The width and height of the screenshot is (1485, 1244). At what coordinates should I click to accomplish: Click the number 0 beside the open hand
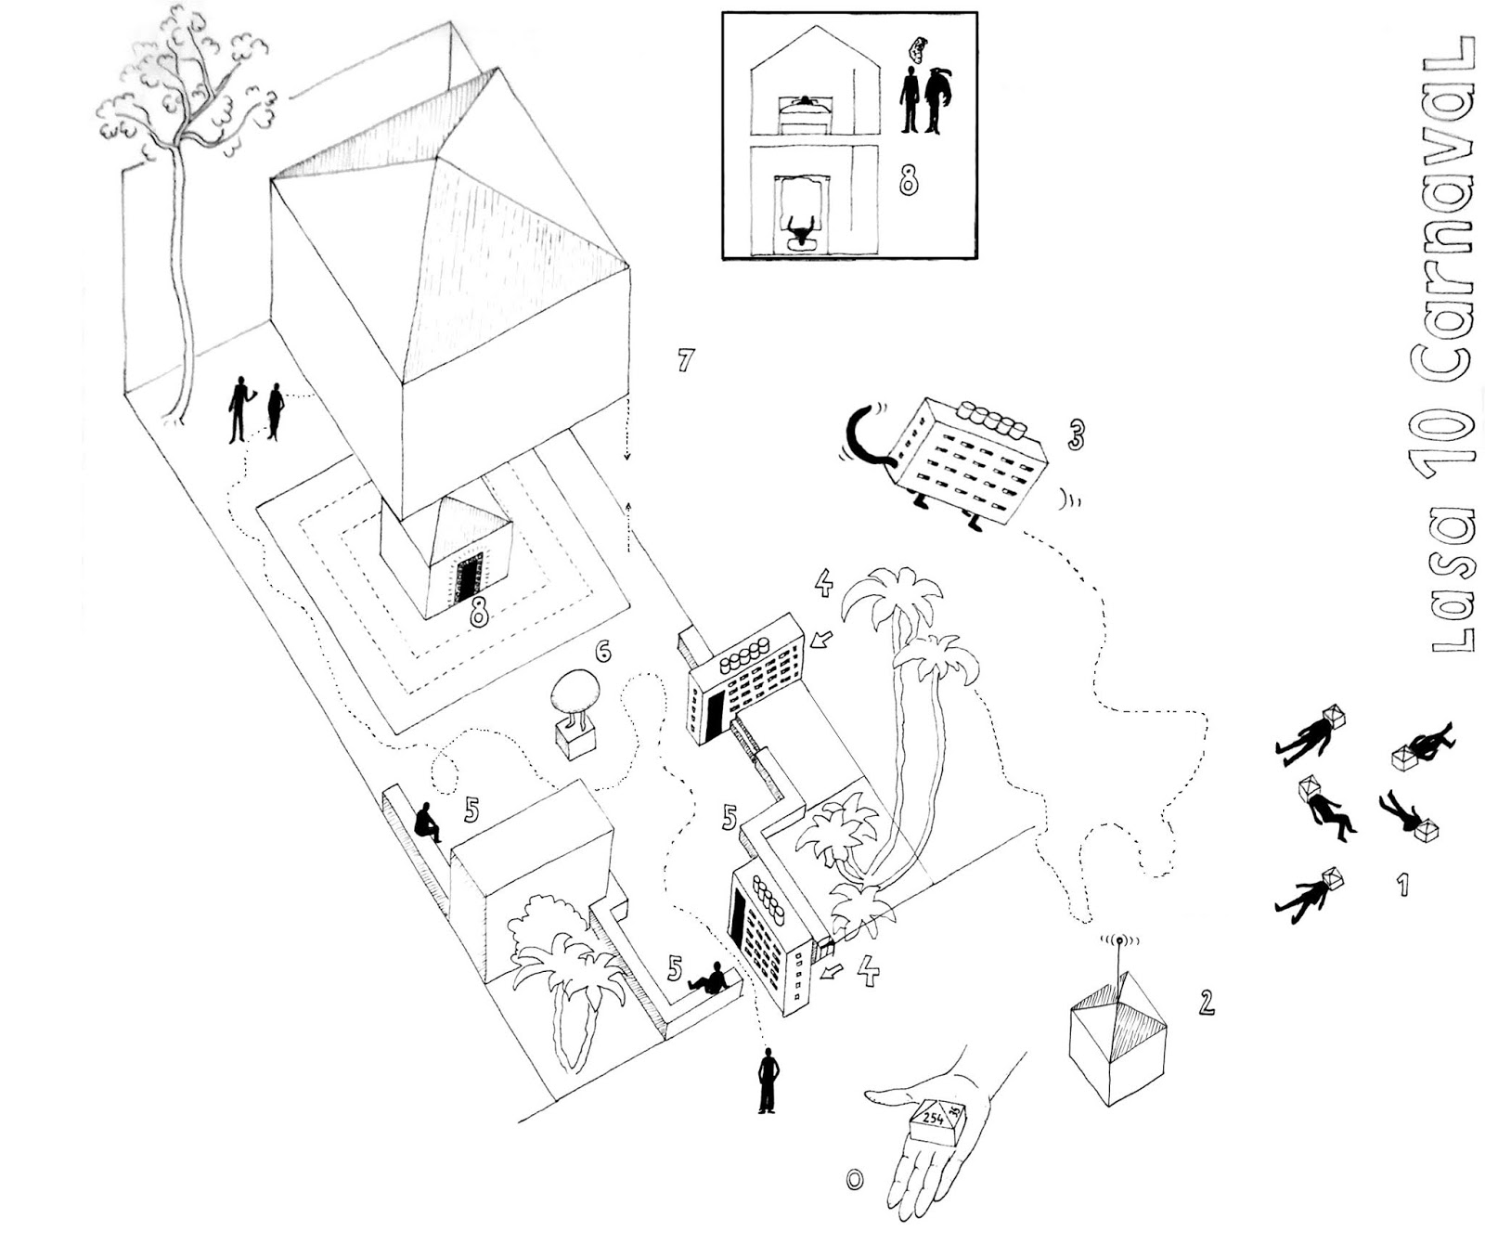coord(854,1179)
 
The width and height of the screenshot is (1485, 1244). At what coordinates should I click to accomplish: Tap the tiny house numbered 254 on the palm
coord(936,1121)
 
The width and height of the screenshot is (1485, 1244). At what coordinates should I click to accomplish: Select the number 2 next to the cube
coord(1206,1003)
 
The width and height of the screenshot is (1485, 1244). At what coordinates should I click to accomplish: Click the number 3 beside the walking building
coord(1075,434)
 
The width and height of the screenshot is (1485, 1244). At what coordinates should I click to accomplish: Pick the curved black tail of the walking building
coord(863,436)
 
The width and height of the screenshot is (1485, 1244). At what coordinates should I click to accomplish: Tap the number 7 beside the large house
coord(685,360)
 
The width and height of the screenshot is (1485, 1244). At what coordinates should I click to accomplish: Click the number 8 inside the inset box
coord(908,181)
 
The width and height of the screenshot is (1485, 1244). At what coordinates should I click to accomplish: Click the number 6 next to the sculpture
coord(603,652)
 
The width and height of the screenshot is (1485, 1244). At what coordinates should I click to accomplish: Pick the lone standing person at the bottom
coord(767,1082)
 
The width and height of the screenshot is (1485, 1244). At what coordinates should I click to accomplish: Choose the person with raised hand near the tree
coord(239,408)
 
